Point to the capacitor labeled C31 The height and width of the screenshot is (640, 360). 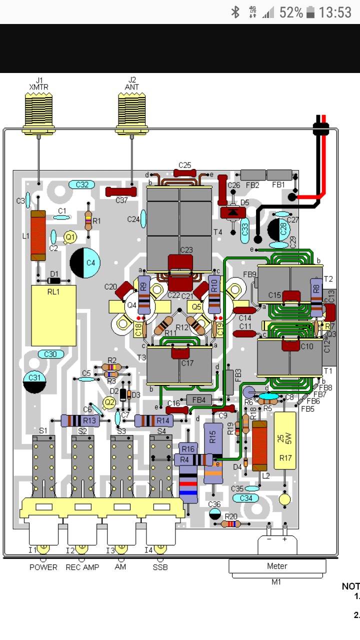[34, 381]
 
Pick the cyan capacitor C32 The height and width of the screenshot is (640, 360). [82, 185]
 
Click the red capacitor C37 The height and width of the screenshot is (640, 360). [121, 191]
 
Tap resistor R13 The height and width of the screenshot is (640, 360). [80, 421]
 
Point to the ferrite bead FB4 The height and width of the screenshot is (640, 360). [198, 399]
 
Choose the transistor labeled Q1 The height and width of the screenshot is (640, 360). [70, 236]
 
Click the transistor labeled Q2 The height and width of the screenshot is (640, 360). [109, 401]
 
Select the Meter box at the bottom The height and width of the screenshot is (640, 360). [277, 566]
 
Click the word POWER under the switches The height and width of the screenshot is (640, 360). [43, 567]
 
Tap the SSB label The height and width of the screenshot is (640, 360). [160, 567]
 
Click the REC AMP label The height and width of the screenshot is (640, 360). [82, 567]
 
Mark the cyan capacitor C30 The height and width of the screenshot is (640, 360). [50, 354]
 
